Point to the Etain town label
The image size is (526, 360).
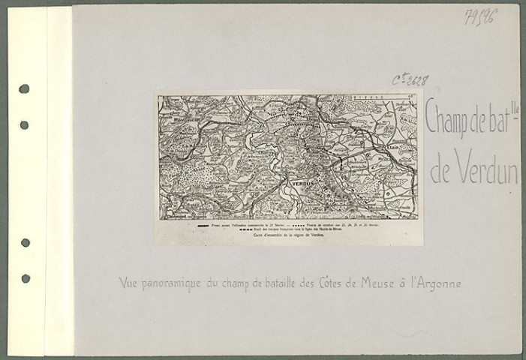point(392,148)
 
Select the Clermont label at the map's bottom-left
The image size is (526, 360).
point(179,214)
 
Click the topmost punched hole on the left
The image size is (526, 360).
point(24,88)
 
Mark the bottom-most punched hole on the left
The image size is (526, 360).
point(24,278)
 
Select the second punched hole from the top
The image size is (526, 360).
point(24,124)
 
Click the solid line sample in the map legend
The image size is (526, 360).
point(202,224)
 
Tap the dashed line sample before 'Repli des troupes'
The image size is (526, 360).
point(246,229)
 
